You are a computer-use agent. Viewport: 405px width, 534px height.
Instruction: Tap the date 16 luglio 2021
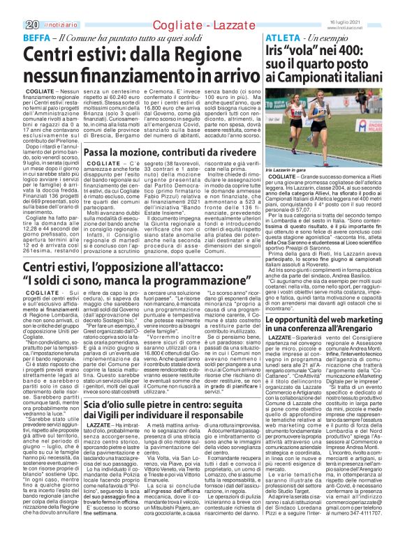[x=382, y=4]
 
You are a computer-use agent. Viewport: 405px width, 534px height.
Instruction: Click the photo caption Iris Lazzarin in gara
[x=292, y=169]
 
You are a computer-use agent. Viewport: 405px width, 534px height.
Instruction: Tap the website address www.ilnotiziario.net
[x=383, y=10]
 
